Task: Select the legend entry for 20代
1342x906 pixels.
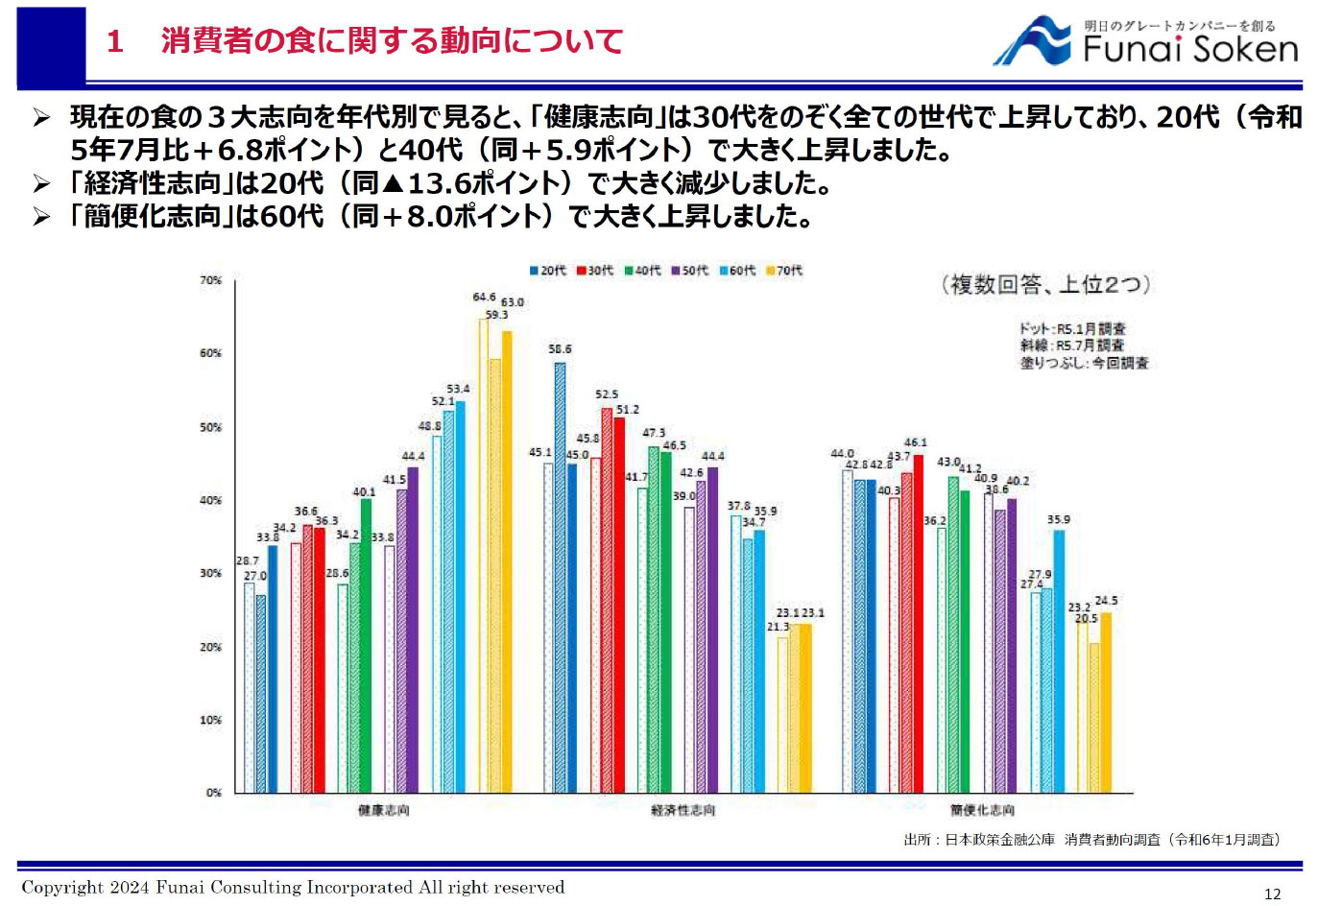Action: pyautogui.click(x=548, y=271)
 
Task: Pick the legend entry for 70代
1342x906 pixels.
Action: pyautogui.click(x=784, y=271)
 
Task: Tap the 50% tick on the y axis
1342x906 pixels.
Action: pyautogui.click(x=210, y=427)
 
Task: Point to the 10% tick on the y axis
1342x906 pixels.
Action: pyautogui.click(x=210, y=720)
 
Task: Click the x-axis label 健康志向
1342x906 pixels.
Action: pyautogui.click(x=383, y=811)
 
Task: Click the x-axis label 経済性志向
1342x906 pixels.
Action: pyautogui.click(x=683, y=811)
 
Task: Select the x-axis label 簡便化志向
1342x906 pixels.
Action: pyautogui.click(x=982, y=811)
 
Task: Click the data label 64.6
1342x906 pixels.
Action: pyautogui.click(x=484, y=298)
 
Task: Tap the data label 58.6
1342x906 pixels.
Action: pyautogui.click(x=560, y=349)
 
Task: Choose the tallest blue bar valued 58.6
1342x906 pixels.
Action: pyautogui.click(x=560, y=576)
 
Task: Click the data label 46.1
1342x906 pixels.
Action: pyautogui.click(x=915, y=442)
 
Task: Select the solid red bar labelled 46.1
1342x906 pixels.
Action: pyautogui.click(x=918, y=624)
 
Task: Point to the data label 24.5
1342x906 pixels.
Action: pyautogui.click(x=1106, y=601)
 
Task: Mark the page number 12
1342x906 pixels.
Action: pyautogui.click(x=1272, y=894)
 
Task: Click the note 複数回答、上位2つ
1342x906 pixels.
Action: pyautogui.click(x=1045, y=285)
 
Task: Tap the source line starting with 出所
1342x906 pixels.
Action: pyautogui.click(x=1091, y=840)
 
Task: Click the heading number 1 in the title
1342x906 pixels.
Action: pyautogui.click(x=115, y=41)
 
